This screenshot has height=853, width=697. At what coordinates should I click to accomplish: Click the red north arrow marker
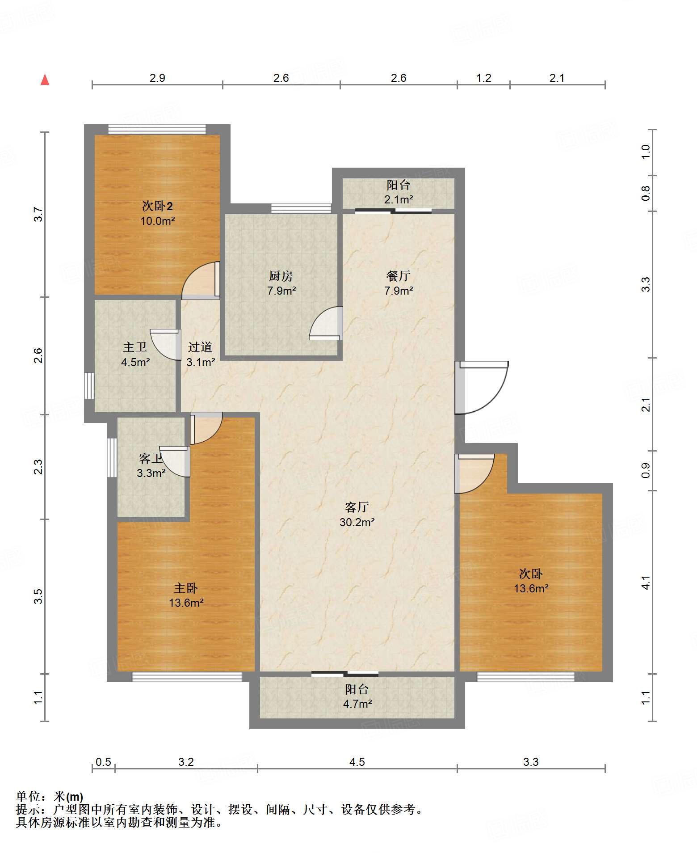pyautogui.click(x=45, y=80)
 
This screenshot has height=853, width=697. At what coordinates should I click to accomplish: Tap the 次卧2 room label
pyautogui.click(x=157, y=206)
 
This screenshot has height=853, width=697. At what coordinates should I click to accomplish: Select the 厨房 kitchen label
pyautogui.click(x=281, y=276)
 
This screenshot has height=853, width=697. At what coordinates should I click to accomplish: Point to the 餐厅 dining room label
pyautogui.click(x=399, y=276)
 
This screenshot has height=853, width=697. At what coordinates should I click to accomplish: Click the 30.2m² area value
pyautogui.click(x=357, y=522)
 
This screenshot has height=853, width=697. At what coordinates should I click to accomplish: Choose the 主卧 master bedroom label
pyautogui.click(x=186, y=588)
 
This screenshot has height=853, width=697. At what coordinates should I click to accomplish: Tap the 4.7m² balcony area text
pyautogui.click(x=357, y=704)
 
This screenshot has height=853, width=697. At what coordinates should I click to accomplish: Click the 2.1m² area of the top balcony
pyautogui.click(x=399, y=199)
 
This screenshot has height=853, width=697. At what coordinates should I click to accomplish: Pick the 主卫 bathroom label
pyautogui.click(x=135, y=347)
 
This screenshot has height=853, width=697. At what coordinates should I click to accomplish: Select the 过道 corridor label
pyautogui.click(x=200, y=347)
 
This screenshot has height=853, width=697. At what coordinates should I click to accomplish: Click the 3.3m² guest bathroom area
pyautogui.click(x=151, y=473)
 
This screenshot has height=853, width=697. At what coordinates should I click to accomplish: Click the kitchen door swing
pyautogui.click(x=326, y=323)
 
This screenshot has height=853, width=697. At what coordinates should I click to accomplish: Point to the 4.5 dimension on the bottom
pyautogui.click(x=357, y=762)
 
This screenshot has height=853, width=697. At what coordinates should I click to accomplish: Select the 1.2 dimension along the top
pyautogui.click(x=483, y=78)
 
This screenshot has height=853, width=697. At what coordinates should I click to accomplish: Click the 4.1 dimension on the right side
pyautogui.click(x=646, y=583)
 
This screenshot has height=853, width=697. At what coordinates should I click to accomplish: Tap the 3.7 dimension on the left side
pyautogui.click(x=38, y=214)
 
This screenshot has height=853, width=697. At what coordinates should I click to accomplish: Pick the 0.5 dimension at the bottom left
pyautogui.click(x=103, y=762)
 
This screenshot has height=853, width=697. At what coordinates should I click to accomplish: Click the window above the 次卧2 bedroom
pyautogui.click(x=157, y=130)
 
